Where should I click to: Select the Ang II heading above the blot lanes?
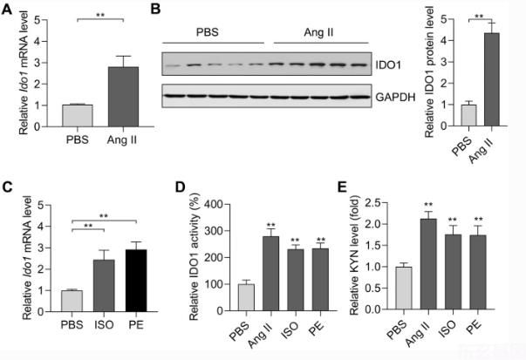pyautogui.click(x=319, y=32)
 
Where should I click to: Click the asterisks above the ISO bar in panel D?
pyautogui.click(x=295, y=241)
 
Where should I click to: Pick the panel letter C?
pyautogui.click(x=8, y=186)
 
